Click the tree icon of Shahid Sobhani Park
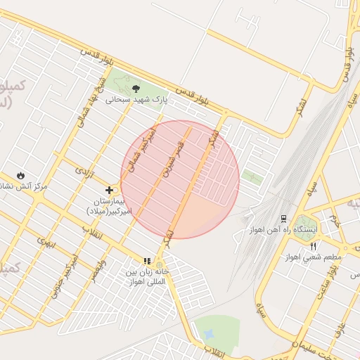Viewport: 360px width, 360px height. point(136,89)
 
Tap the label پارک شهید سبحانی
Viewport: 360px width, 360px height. point(137,101)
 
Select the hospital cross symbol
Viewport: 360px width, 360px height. point(110,190)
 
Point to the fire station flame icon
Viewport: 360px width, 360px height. point(21,175)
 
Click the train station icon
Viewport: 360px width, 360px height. point(283,219)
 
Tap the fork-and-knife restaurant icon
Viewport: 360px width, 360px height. point(313,245)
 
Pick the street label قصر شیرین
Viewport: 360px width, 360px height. point(174,161)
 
